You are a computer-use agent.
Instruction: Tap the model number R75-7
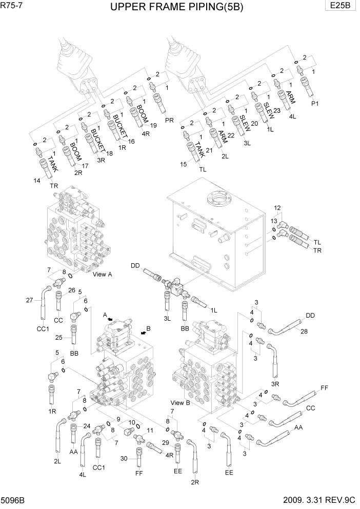click(12, 6)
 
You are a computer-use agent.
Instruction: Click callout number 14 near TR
click(37, 181)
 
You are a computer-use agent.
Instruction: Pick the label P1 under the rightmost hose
click(315, 103)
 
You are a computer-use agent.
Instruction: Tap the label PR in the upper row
click(170, 120)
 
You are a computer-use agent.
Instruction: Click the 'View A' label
click(103, 275)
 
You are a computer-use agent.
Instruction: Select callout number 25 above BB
click(59, 337)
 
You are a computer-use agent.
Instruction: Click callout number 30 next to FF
click(124, 458)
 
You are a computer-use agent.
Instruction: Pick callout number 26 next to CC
click(72, 290)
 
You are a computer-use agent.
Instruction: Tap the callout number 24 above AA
click(87, 426)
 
